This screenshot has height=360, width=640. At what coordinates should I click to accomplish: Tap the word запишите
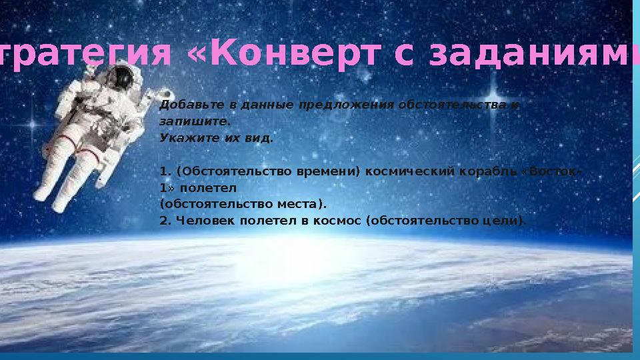[x=194, y=122]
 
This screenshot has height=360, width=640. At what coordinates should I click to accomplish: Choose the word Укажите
[x=183, y=138]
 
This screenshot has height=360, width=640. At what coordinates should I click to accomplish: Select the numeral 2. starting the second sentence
[x=165, y=221]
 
